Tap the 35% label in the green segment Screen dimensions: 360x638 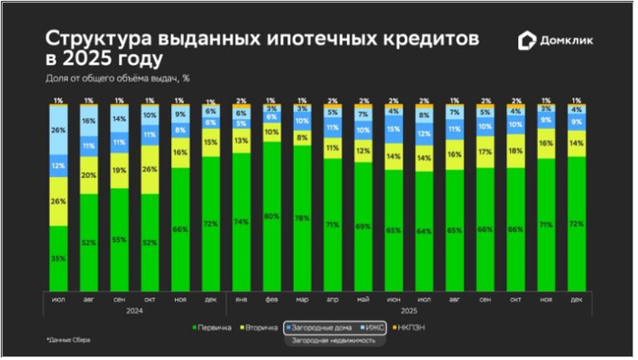pos(58,258)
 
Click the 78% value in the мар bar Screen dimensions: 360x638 pos(302,218)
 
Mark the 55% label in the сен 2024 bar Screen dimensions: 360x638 pos(119,239)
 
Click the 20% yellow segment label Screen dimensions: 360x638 pos(89,175)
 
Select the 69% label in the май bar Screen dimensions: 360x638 pos(362,227)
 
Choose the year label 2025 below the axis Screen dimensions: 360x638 pos(408,310)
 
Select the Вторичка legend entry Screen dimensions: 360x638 pos(262,327)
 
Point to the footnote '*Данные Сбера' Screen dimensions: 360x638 pos(69,340)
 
